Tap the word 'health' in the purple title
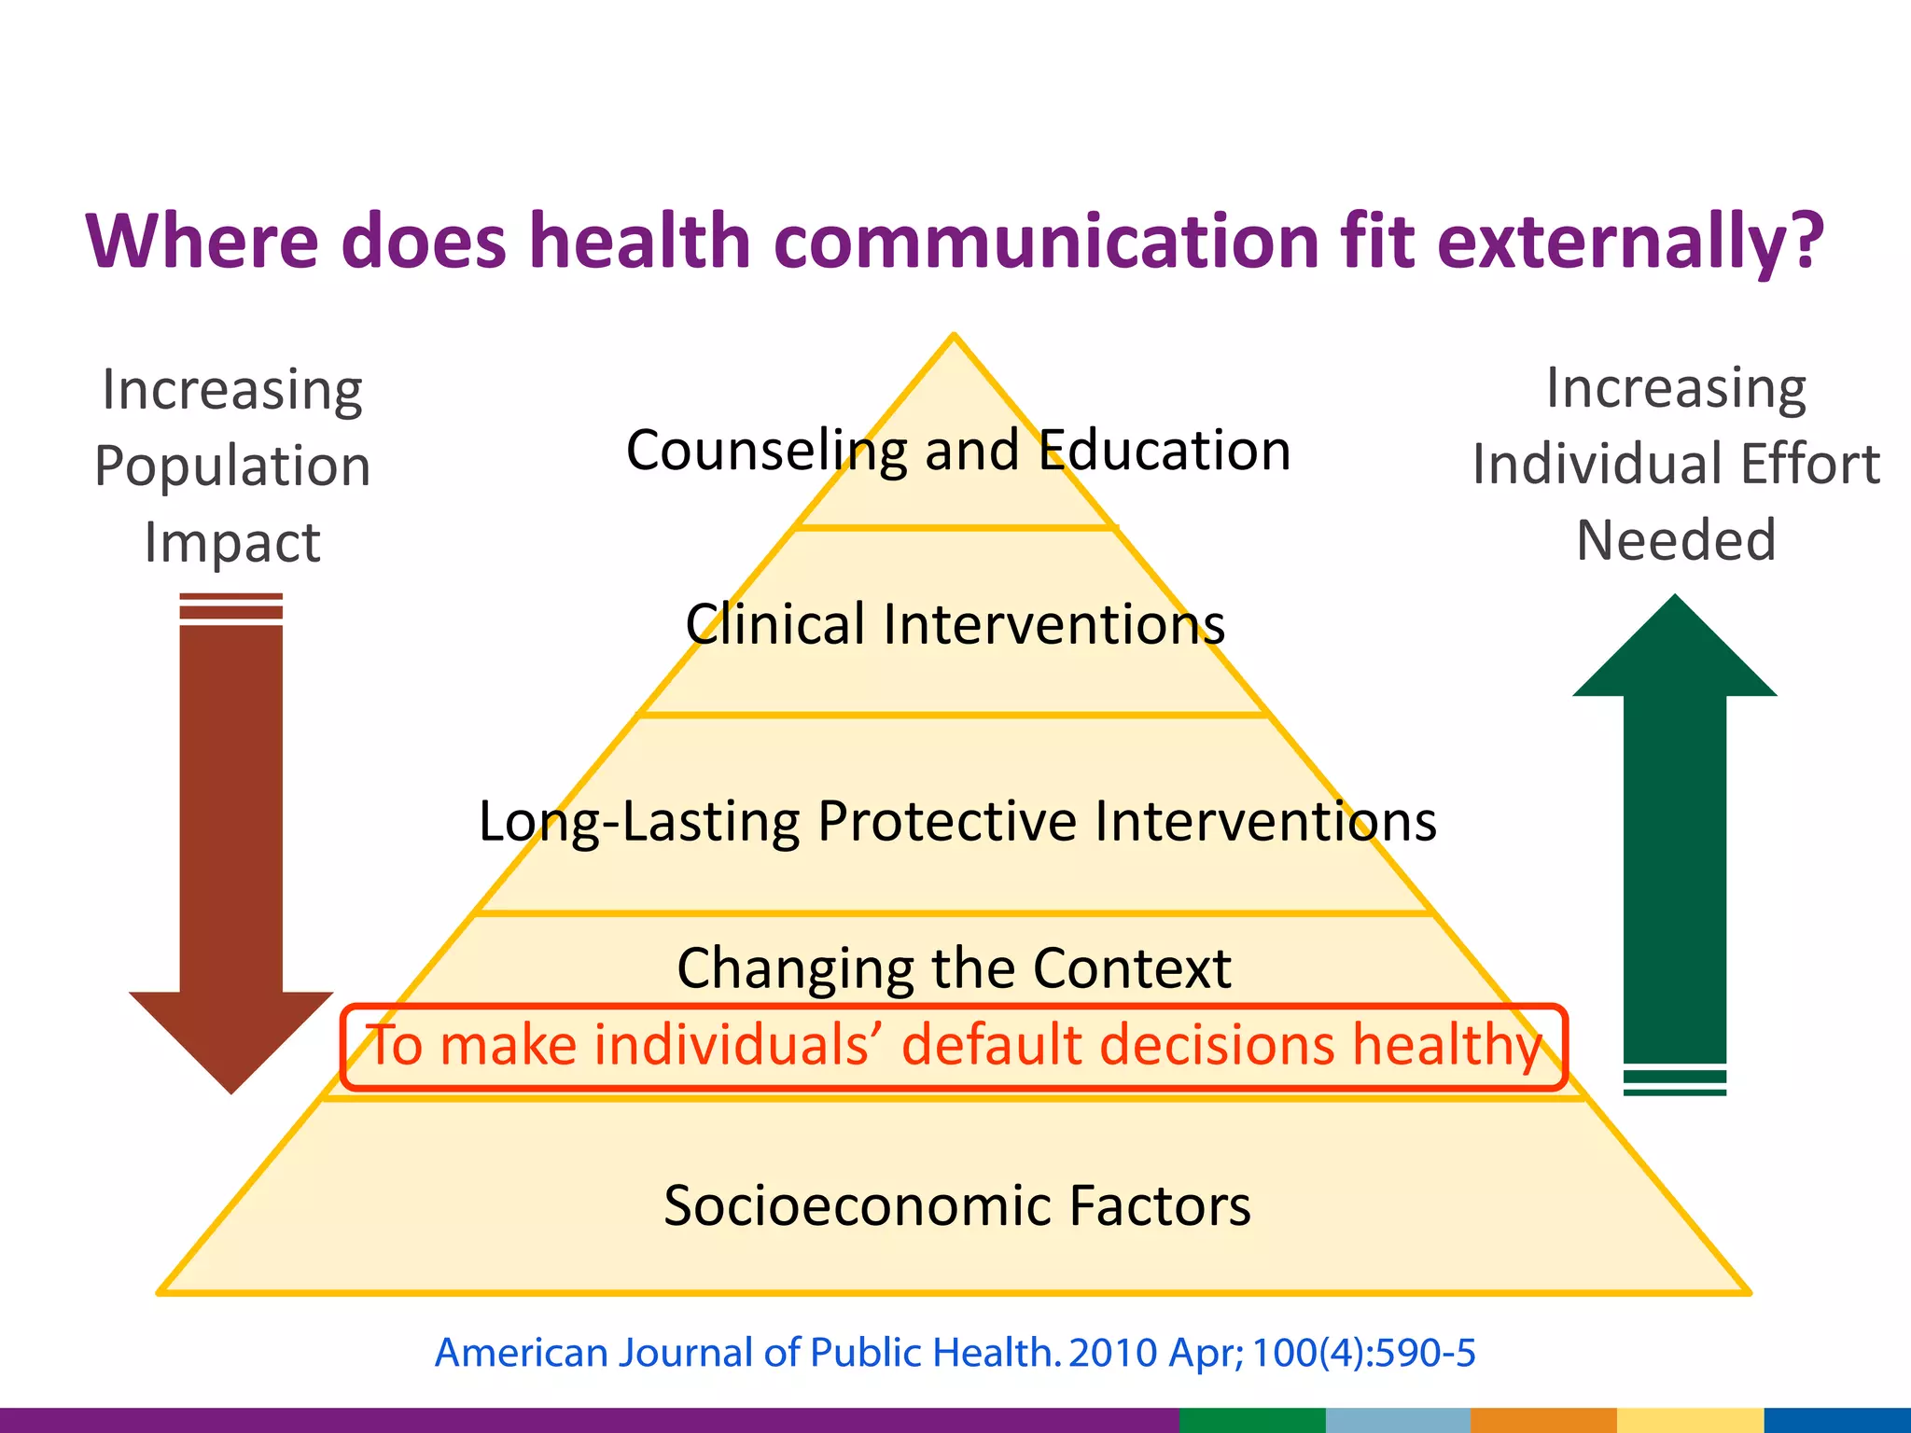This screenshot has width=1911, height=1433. point(640,241)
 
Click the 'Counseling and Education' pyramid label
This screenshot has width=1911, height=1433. point(958,451)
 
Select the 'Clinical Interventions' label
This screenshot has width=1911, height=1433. point(955,624)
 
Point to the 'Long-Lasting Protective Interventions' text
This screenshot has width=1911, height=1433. point(957,822)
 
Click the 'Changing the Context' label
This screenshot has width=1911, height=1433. point(954,968)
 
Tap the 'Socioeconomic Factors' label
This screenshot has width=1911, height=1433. point(956,1205)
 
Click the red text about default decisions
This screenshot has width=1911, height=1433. point(954,1045)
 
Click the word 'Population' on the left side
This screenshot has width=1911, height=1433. point(232,466)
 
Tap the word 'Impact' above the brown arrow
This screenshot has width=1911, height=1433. point(232,542)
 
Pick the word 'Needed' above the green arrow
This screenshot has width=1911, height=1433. point(1676,540)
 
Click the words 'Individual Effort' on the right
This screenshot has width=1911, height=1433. point(1676,465)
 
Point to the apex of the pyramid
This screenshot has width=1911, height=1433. point(954,338)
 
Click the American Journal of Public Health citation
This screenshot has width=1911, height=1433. point(955,1353)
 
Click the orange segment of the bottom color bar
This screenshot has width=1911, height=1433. point(1543,1420)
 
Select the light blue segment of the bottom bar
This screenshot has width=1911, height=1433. point(1397,1420)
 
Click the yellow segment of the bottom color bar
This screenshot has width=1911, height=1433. point(1689,1420)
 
